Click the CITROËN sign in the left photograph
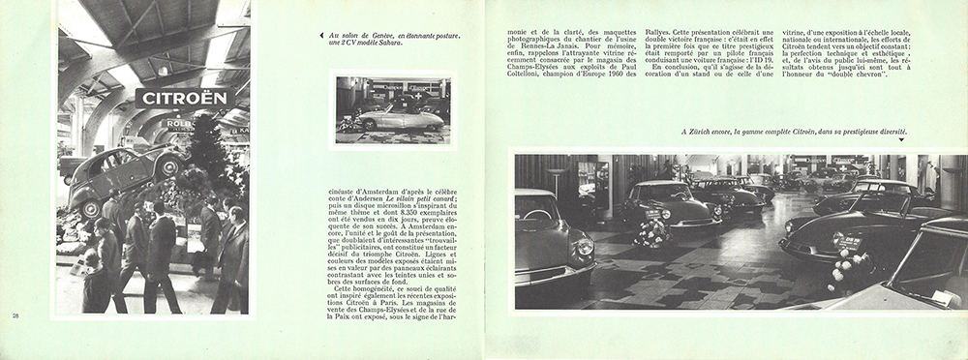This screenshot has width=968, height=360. pyautogui.click(x=184, y=99)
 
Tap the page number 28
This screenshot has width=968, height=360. pyautogui.click(x=15, y=316)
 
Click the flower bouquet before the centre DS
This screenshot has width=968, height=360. pyautogui.click(x=654, y=232)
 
